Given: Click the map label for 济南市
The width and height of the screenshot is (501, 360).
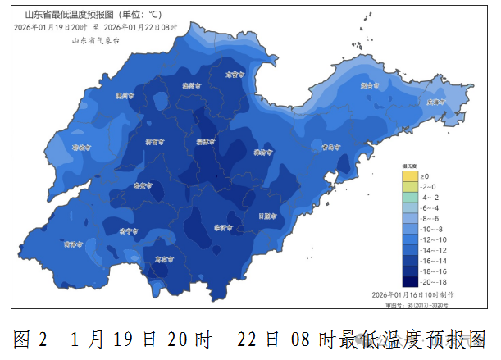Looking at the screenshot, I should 153,142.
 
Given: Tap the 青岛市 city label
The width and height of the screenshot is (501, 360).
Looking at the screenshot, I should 330,148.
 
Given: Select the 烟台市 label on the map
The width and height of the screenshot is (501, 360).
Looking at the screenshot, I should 371,84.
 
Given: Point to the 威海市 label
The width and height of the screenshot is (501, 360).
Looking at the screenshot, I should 435,102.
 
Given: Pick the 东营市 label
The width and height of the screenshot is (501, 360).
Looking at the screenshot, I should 235,74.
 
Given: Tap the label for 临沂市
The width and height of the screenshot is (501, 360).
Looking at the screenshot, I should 223,227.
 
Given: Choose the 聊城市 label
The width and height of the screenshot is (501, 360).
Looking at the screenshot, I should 80,148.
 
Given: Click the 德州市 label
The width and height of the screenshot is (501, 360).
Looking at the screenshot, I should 125,96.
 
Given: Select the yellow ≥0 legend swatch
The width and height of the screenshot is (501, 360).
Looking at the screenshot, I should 410,176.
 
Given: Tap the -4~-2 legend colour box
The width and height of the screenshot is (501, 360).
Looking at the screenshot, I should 410,198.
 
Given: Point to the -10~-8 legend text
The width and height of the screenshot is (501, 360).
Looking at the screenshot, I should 430,229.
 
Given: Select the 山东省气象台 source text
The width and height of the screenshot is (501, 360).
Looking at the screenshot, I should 95,39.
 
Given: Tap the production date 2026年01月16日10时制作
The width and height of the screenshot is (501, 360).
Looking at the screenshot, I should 412,294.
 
